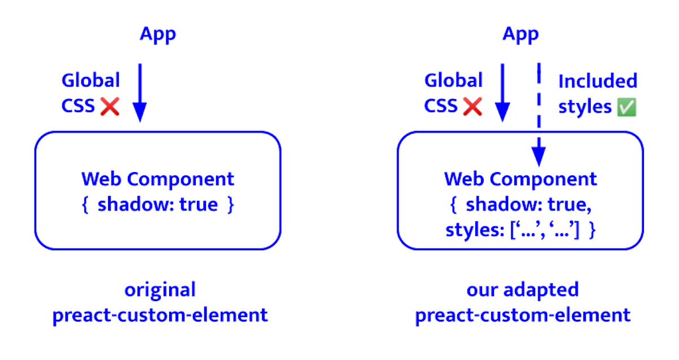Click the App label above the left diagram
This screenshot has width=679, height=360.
[158, 35]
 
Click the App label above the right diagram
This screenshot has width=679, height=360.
[521, 35]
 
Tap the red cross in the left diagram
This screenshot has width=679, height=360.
[110, 106]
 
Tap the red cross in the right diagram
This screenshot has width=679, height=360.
[472, 106]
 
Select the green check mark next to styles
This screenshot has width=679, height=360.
[626, 108]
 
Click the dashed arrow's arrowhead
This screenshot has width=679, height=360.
[539, 156]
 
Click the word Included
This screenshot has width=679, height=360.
[598, 82]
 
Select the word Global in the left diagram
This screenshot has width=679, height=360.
[91, 80]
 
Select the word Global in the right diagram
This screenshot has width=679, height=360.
[453, 80]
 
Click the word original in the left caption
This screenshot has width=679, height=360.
[160, 290]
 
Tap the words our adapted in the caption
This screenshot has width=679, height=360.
[522, 290]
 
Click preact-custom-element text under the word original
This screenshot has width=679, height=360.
[160, 315]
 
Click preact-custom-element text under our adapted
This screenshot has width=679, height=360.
[522, 315]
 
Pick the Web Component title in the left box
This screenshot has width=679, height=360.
[158, 179]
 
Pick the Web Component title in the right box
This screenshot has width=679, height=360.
[521, 179]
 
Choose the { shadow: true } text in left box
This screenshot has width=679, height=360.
[158, 204]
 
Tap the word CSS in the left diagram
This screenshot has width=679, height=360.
[78, 106]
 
